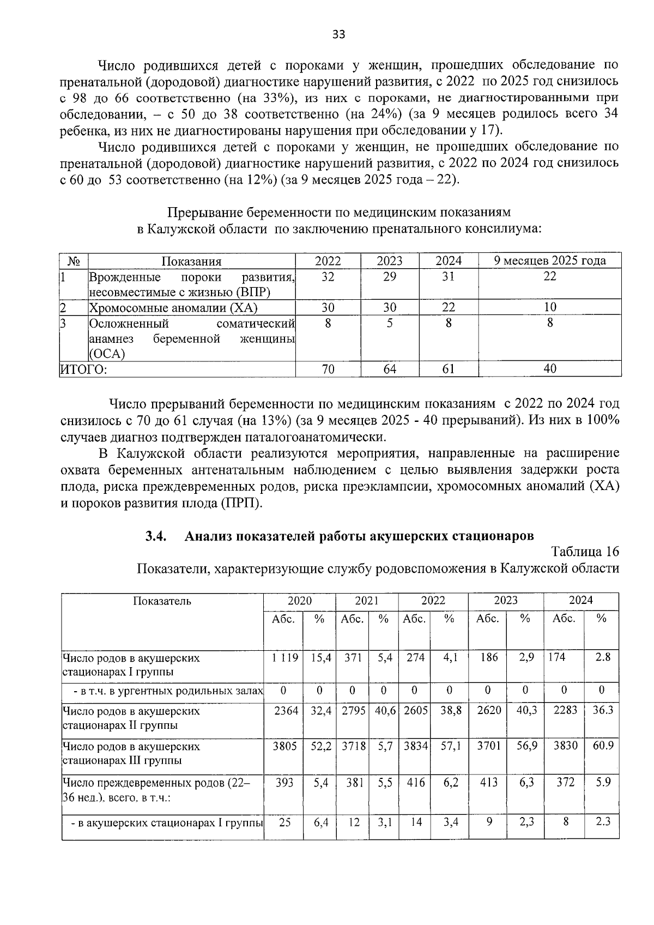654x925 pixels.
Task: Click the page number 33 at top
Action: coord(338,35)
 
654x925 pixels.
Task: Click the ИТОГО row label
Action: coord(83,369)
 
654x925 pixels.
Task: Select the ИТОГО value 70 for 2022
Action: coord(328,369)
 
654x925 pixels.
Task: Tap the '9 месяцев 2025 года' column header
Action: coord(549,261)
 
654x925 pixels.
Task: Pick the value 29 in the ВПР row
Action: coord(389,277)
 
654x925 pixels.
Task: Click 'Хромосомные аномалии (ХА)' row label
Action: coord(173,308)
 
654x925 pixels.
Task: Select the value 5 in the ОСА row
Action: coord(389,323)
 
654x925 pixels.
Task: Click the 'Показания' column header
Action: coord(191,261)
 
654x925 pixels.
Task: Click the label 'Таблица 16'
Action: coord(585,551)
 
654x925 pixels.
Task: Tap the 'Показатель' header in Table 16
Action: coord(162,601)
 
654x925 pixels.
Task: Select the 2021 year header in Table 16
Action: coord(366,601)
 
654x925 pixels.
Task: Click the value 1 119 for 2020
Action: coord(284,658)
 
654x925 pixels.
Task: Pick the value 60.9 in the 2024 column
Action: coord(603,745)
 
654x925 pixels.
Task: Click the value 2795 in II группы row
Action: coord(353,711)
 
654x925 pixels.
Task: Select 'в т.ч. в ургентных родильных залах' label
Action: coord(168,691)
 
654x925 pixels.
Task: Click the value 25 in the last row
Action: coord(284,822)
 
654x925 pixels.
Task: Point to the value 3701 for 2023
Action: coord(488,745)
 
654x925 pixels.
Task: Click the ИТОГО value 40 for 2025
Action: coord(549,369)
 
